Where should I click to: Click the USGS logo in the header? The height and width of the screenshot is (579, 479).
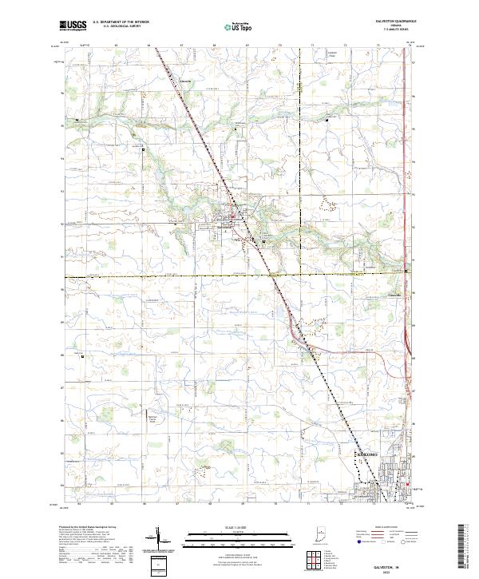coord(72,26)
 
